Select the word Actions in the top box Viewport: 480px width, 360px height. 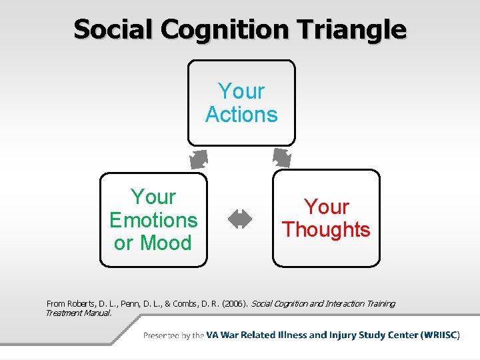click(x=241, y=115)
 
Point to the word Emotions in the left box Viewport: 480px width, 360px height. click(x=153, y=220)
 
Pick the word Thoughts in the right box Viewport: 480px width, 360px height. click(x=326, y=230)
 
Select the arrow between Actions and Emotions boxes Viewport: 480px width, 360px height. click(x=199, y=159)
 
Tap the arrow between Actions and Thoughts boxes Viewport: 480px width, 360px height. click(x=281, y=158)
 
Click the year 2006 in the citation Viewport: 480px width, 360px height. click(x=233, y=304)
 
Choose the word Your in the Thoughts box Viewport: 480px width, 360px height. click(x=327, y=207)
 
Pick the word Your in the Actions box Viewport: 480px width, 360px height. click(x=241, y=91)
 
